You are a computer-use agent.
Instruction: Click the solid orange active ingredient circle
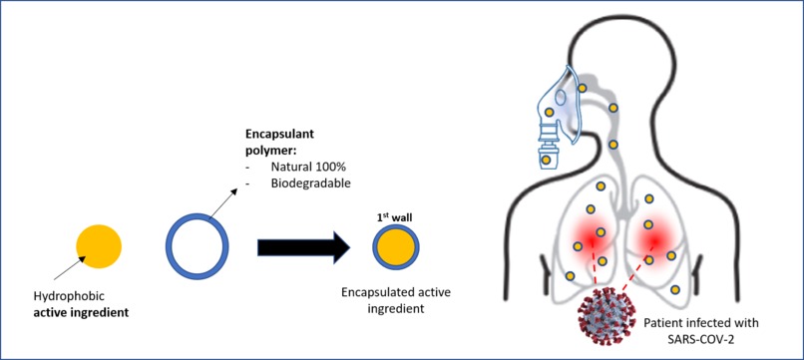(x=99, y=244)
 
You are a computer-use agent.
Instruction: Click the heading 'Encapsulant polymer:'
(x=283, y=141)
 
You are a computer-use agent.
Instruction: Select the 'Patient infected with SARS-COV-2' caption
(x=701, y=331)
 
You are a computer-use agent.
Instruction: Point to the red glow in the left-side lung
(x=589, y=238)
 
